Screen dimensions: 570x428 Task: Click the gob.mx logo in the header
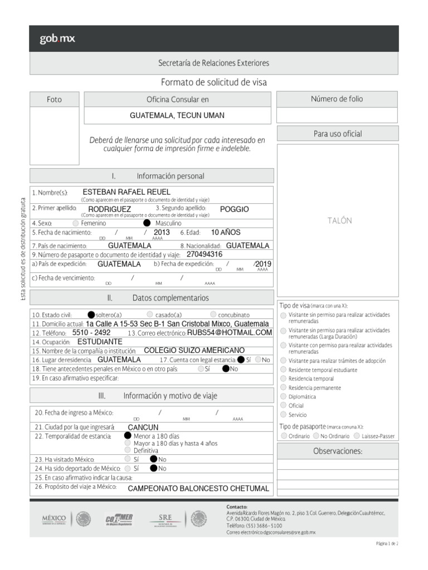point(57,39)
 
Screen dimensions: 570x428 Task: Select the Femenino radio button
point(76,223)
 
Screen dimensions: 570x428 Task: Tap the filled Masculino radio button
point(147,223)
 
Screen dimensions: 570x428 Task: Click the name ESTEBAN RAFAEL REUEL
point(126,192)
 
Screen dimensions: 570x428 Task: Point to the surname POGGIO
point(234,209)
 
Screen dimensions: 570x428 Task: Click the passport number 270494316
point(205,254)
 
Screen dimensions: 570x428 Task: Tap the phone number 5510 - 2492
point(91,332)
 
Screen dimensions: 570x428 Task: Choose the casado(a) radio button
point(150,314)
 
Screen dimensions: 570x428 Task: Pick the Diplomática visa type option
point(284,396)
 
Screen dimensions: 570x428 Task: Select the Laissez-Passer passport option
point(357,436)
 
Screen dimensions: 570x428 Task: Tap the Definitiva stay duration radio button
point(128,450)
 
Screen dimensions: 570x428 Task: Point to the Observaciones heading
point(338,451)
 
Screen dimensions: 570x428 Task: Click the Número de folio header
point(337,99)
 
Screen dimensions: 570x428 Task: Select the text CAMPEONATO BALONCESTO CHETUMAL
point(198,489)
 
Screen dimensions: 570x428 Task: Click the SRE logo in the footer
point(166,519)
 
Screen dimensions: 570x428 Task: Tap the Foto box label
point(55,100)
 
